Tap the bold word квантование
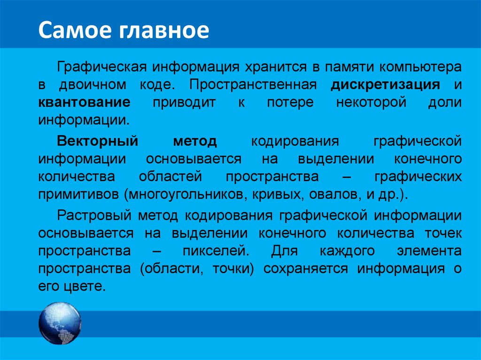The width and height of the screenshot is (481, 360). [85, 103]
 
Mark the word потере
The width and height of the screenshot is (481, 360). [290, 103]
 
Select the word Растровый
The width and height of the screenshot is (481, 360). [93, 215]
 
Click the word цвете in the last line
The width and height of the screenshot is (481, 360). [82, 286]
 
